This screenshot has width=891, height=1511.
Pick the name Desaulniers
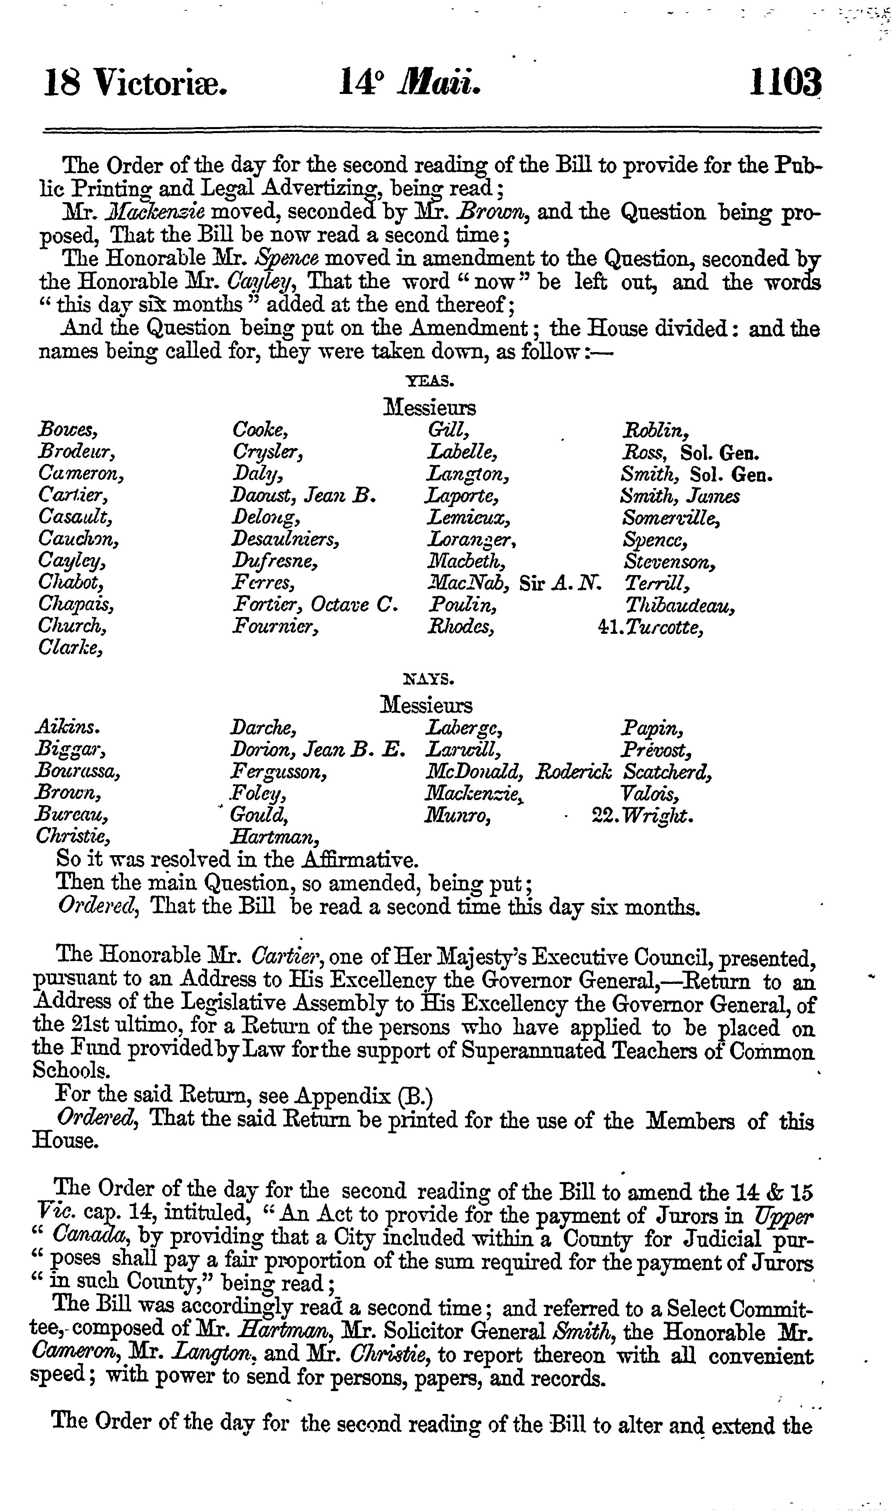point(285,539)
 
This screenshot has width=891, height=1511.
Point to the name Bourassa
point(78,772)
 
